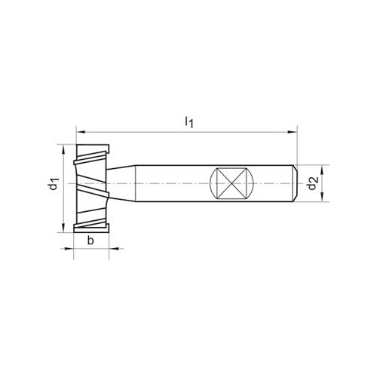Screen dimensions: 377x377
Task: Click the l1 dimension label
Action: click(189, 122)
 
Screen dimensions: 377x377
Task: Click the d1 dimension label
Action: click(54, 183)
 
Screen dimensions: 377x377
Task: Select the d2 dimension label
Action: click(313, 183)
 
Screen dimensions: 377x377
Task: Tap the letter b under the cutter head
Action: click(90, 241)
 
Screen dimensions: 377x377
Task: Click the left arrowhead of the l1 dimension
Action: click(80, 132)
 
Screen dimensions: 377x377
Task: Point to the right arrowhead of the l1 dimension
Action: click(293, 132)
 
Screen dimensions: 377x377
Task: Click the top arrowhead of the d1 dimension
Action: click(63, 149)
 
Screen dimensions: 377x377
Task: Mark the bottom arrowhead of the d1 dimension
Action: click(63, 228)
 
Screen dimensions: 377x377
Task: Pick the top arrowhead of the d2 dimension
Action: click(322, 170)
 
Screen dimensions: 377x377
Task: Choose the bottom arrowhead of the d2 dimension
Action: click(322, 197)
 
